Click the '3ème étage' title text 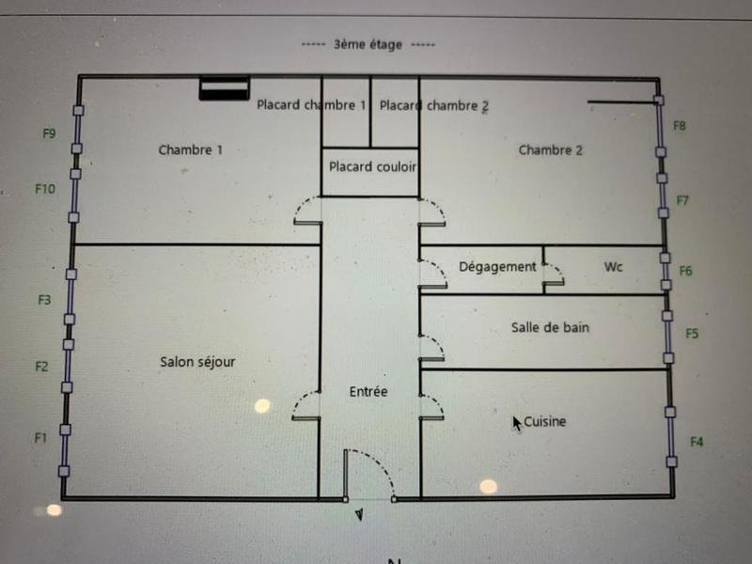[x=368, y=44]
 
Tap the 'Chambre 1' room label [x=191, y=149]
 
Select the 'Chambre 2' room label [x=551, y=149]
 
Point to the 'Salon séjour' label [x=197, y=362]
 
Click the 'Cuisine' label [x=545, y=422]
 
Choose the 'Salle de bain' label [x=550, y=328]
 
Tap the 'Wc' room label [x=613, y=267]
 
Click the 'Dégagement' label [x=497, y=267]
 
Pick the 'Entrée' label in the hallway [x=368, y=392]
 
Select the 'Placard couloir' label [x=372, y=167]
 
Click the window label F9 [x=50, y=133]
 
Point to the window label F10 [x=45, y=189]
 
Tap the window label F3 [x=44, y=301]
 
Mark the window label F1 [x=40, y=438]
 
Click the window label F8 [x=680, y=126]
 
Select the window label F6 [x=685, y=272]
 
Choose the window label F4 [x=697, y=441]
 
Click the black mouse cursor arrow [x=517, y=423]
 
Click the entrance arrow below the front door [x=359, y=514]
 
